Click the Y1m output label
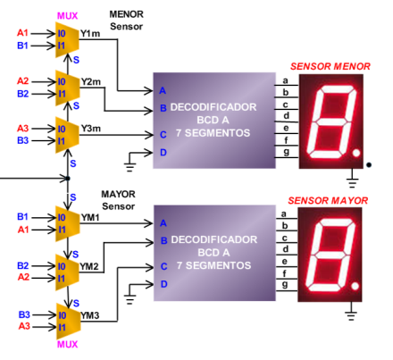pyautogui.click(x=90, y=34)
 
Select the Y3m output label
pyautogui.click(x=91, y=129)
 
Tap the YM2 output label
pyautogui.click(x=89, y=266)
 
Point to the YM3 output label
pyautogui.click(x=90, y=315)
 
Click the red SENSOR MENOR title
pyautogui.click(x=330, y=66)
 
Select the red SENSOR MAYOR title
pyautogui.click(x=328, y=201)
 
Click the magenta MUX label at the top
pyautogui.click(x=67, y=15)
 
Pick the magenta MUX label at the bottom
pyautogui.click(x=67, y=344)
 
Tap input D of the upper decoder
pyautogui.click(x=163, y=153)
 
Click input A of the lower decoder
pyautogui.click(x=163, y=223)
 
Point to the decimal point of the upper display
pyautogui.click(x=356, y=153)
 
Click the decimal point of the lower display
pyautogui.click(x=355, y=286)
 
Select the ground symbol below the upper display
pyautogui.click(x=352, y=180)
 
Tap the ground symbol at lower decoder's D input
pyautogui.click(x=130, y=297)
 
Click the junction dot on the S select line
pyautogui.click(x=68, y=179)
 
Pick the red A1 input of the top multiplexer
pyautogui.click(x=22, y=33)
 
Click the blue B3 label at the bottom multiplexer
pyautogui.click(x=24, y=314)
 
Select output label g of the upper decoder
pyautogui.click(x=286, y=152)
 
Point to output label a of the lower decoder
pyautogui.click(x=284, y=213)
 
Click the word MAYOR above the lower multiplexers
pyautogui.click(x=118, y=194)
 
